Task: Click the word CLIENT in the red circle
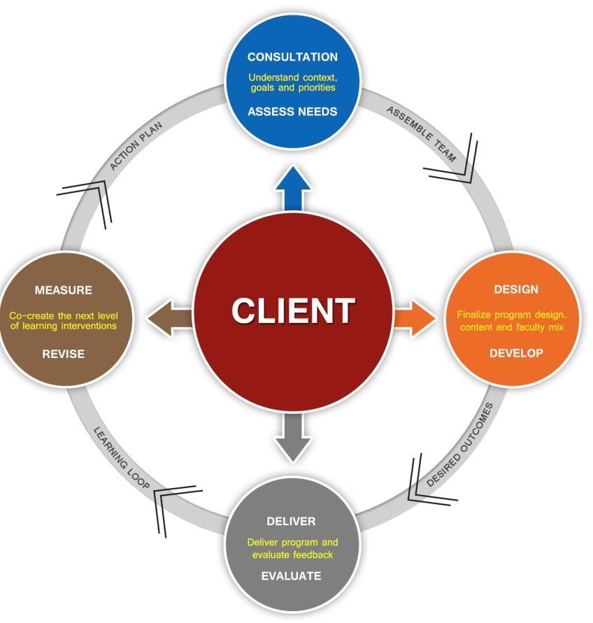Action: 293,310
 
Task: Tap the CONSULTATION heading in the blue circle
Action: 292,57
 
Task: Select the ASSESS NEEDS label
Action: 292,111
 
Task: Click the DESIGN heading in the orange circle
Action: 516,289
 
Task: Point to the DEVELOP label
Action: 516,353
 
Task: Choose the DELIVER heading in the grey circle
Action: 291,522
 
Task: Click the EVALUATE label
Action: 291,576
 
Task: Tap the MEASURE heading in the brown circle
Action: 64,290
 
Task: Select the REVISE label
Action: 64,354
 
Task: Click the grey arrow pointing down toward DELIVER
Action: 292,438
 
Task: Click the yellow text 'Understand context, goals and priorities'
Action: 292,83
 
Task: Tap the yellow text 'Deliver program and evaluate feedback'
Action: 292,548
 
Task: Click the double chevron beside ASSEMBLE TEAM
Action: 455,160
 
